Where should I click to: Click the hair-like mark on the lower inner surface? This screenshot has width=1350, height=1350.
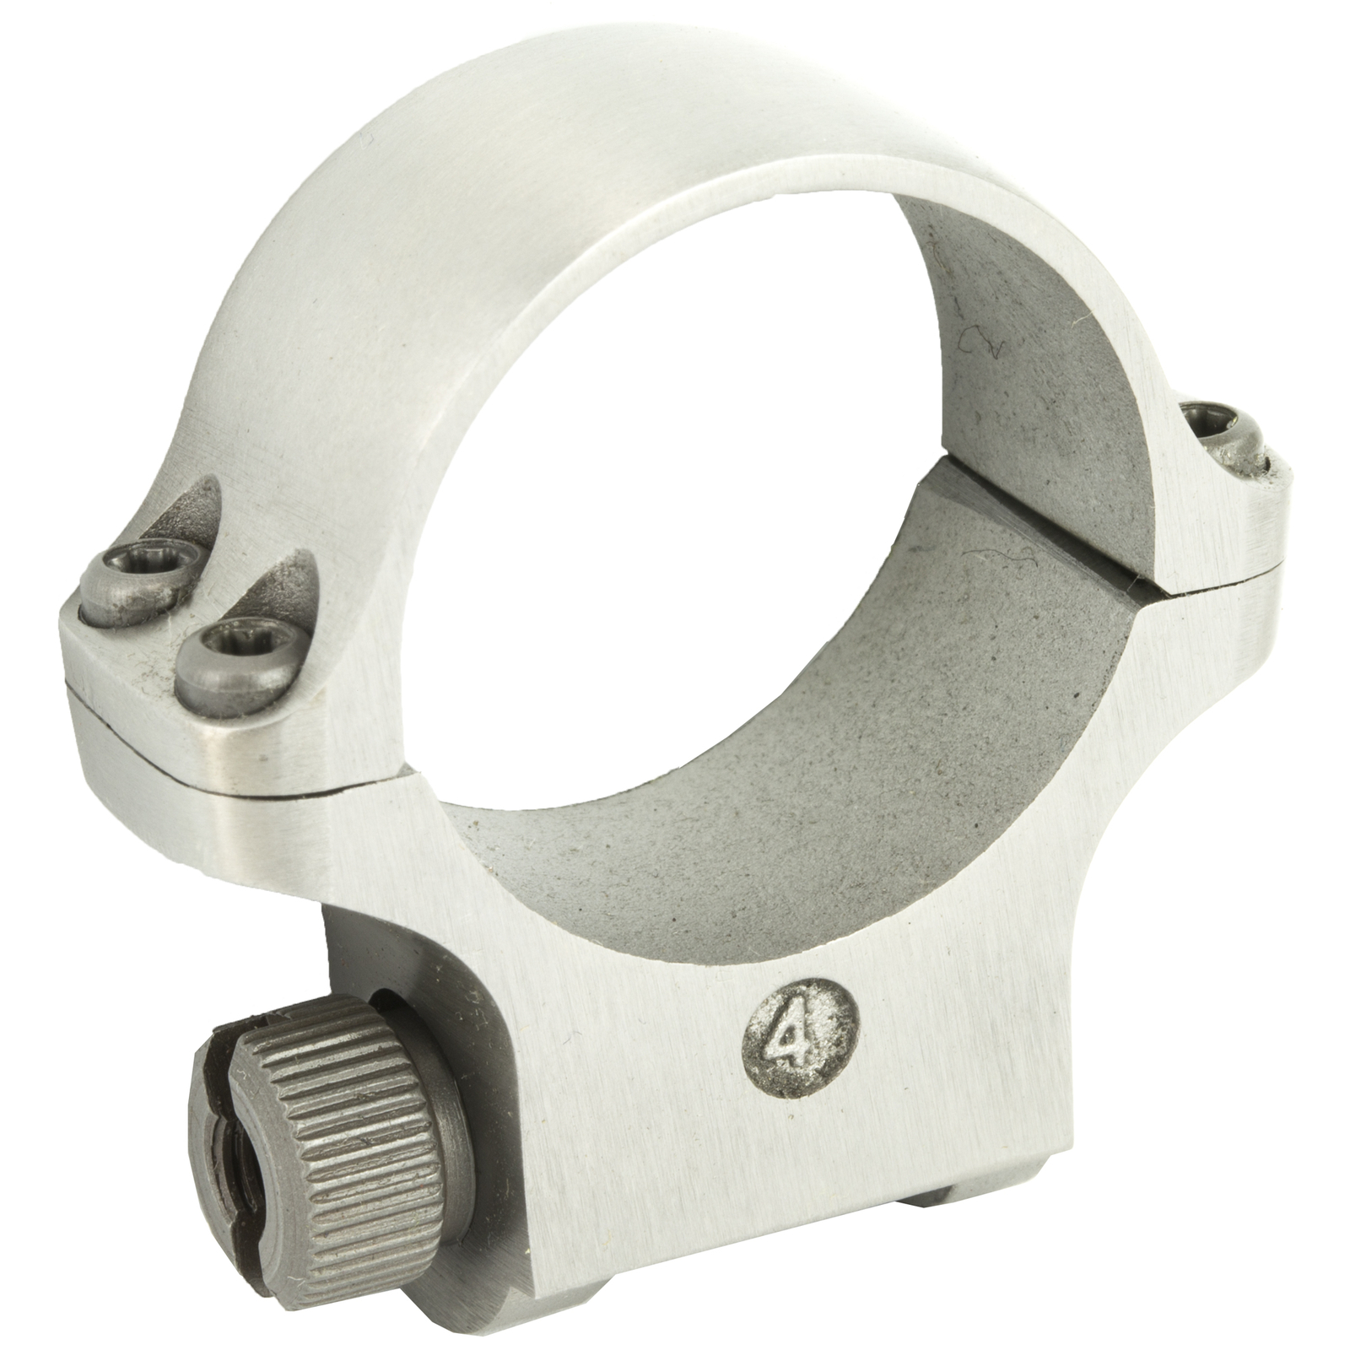point(1012,560)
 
